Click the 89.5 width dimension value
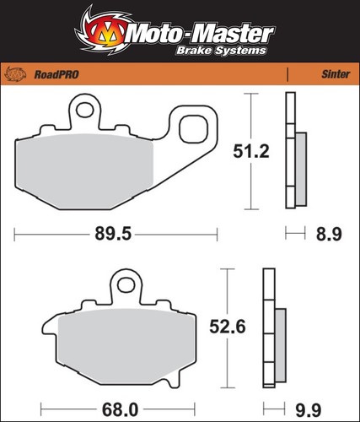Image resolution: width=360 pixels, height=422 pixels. tap(113, 234)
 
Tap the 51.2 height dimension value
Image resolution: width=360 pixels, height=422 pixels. tap(251, 151)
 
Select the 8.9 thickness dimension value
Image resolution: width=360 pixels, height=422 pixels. tap(329, 235)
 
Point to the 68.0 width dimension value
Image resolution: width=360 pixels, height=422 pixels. tap(120, 410)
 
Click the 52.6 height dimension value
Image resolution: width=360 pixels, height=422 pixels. tap(228, 327)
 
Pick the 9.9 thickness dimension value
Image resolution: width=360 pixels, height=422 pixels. tap(309, 411)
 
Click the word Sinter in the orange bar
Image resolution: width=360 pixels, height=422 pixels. tap(336, 74)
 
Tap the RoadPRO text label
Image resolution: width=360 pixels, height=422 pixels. tap(56, 75)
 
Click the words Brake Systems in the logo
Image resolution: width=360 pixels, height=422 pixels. tap(221, 51)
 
